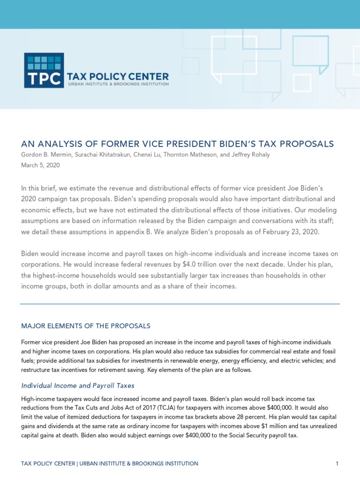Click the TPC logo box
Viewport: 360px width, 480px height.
44,70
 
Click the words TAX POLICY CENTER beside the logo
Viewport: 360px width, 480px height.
118,76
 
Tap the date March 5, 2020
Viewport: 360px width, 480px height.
40,165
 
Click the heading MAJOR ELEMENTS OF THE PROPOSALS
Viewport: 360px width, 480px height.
86,326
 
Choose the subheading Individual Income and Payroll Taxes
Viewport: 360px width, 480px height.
78,386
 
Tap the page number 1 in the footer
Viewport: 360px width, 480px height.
337,464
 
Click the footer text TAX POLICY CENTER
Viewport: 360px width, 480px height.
48,464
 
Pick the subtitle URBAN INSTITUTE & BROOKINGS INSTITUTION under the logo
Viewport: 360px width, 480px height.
118,84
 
